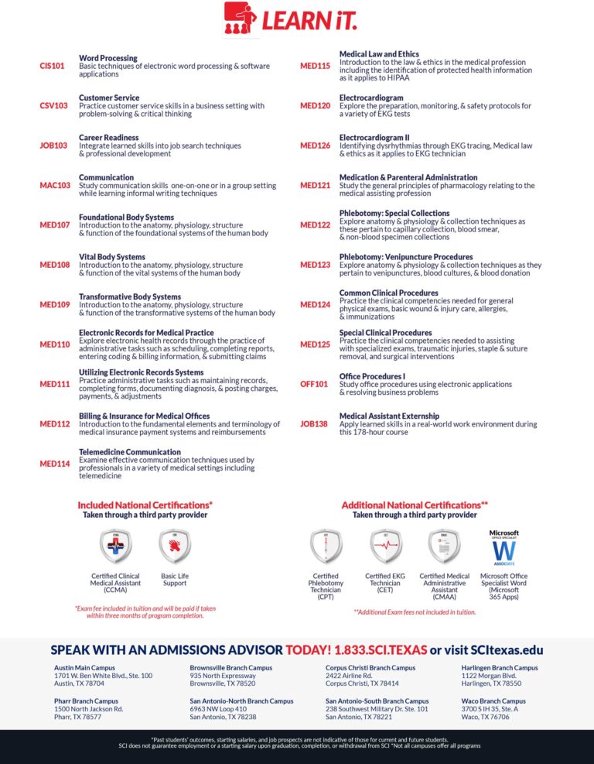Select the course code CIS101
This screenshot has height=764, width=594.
point(53,66)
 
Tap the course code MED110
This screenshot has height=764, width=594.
point(55,344)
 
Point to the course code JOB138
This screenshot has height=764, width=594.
point(314,424)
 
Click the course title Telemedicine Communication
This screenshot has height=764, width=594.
point(130,452)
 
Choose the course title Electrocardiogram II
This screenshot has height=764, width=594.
point(374,138)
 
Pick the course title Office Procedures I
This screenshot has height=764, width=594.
point(372,376)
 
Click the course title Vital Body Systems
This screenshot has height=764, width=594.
point(111,257)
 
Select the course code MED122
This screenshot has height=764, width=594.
point(315,225)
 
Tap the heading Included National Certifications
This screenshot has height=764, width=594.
point(145,505)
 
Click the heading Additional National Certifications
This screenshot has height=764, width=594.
point(415,505)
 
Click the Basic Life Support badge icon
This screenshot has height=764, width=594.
point(174,546)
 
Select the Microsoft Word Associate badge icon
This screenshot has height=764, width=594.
point(504,548)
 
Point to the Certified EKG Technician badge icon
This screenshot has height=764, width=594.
point(385,546)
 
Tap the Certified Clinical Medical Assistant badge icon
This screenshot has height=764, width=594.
point(115,546)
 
